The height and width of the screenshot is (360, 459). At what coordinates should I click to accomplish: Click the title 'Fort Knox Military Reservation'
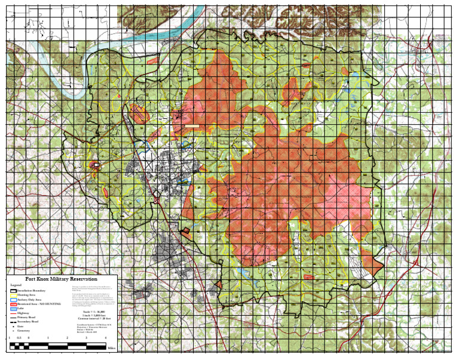pyautogui.click(x=62, y=279)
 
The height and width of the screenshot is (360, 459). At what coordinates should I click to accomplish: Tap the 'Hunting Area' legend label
pyautogui.click(x=27, y=295)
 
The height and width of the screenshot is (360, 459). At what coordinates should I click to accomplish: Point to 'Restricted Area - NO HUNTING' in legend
pyautogui.click(x=39, y=304)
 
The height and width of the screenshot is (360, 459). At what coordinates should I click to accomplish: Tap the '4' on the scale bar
pyautogui.click(x=105, y=339)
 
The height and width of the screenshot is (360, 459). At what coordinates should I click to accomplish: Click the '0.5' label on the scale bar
pyautogui.click(x=19, y=339)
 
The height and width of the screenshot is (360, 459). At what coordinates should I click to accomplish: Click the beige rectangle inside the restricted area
pyautogui.click(x=192, y=126)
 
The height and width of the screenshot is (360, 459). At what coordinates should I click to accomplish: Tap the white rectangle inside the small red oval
pyautogui.click(x=97, y=164)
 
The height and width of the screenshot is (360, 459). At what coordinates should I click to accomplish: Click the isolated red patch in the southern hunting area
pyautogui.click(x=308, y=277)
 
